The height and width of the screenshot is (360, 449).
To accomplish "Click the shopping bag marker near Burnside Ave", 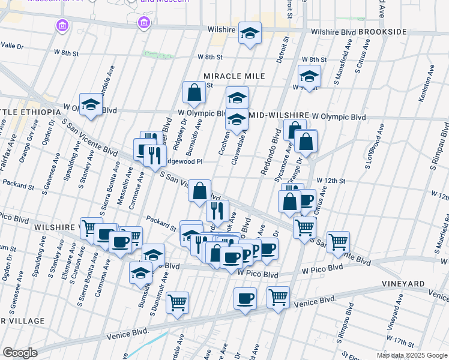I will click(x=194, y=92).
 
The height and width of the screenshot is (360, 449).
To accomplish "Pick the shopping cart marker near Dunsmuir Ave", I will click(x=177, y=303).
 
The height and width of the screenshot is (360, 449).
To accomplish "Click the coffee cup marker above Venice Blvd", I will click(x=244, y=299).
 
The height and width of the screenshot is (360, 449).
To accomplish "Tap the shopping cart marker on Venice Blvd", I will click(x=278, y=296).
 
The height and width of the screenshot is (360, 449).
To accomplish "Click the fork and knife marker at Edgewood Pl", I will click(x=155, y=155).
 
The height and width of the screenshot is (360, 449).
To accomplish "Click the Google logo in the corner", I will click(x=20, y=352).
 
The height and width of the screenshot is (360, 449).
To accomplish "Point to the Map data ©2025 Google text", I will click(x=412, y=355).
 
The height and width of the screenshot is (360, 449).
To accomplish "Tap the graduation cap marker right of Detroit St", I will click(x=309, y=76).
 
